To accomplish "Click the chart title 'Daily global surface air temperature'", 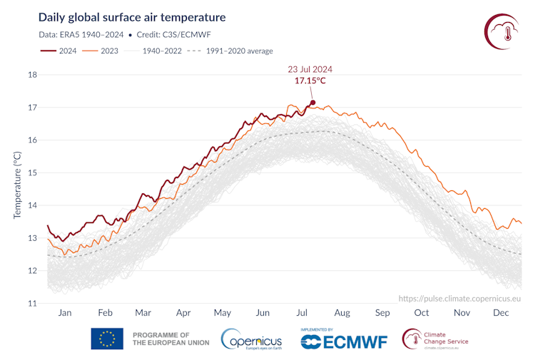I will (132, 17).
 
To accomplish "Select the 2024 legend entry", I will (59, 51).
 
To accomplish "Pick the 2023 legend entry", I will (101, 51).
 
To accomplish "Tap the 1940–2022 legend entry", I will (151, 51).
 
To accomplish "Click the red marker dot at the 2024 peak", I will (313, 103).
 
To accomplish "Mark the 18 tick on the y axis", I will (32, 75).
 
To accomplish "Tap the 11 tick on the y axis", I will (32, 304).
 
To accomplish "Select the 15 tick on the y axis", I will (32, 173).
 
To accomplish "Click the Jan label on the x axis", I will (65, 312).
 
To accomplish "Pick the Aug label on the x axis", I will (342, 312).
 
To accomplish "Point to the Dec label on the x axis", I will (501, 312).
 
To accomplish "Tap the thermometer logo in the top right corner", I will (504, 30).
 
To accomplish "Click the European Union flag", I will (107, 339).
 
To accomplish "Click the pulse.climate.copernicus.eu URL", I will (460, 299).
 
